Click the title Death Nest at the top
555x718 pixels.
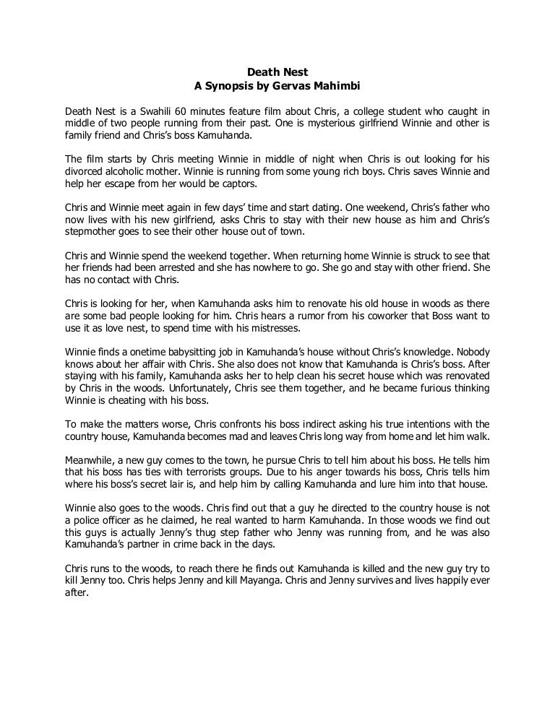point(277,72)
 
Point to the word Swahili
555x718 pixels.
point(149,111)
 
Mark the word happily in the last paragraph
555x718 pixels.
point(450,568)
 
